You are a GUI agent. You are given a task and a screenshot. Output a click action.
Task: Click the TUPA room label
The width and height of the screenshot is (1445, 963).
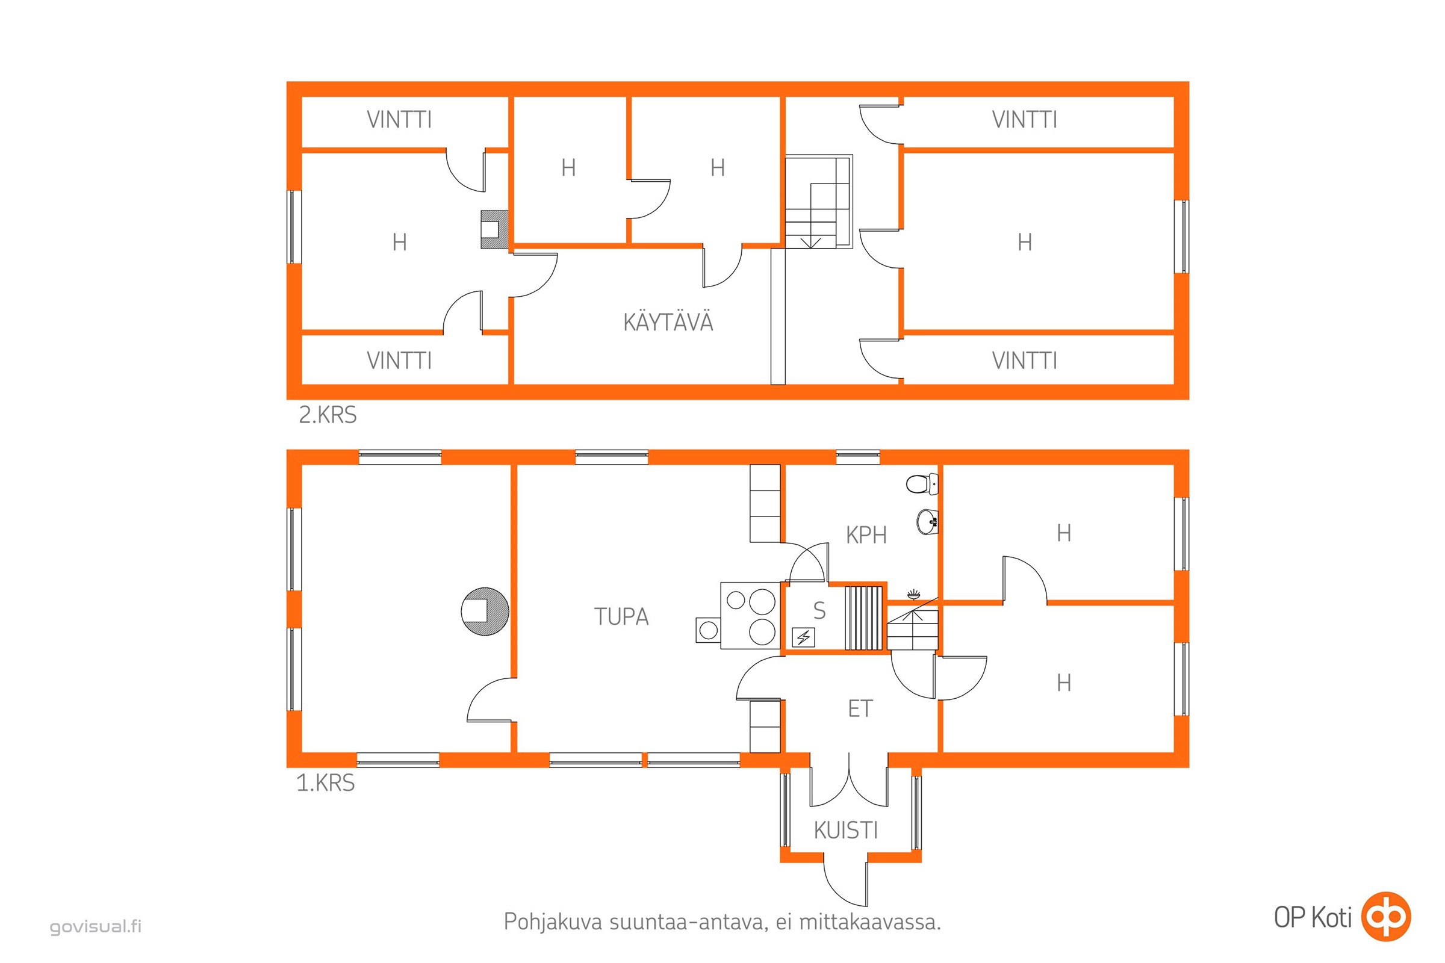point(621,616)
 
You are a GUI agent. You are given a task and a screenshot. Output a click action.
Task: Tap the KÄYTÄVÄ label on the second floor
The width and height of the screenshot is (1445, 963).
point(668,321)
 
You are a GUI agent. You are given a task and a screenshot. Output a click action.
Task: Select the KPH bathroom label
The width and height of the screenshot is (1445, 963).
point(866,536)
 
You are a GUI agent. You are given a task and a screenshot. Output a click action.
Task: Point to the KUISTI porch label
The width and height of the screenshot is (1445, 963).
point(845,831)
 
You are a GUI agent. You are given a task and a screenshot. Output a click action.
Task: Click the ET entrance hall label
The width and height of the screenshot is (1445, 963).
point(860,709)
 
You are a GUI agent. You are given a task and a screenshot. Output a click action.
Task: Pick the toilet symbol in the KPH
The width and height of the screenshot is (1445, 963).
point(922,483)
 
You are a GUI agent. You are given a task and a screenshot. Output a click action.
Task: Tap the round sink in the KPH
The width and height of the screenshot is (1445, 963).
point(927,522)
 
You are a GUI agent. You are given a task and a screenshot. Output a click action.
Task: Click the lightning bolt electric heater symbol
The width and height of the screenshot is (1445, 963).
point(804,637)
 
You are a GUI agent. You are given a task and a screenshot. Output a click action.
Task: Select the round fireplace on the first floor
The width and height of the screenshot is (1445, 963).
point(485,611)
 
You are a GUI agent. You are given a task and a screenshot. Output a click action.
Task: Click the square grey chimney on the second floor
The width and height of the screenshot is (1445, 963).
point(494,229)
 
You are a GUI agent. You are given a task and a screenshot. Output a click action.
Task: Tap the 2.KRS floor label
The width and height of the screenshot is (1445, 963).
point(328,415)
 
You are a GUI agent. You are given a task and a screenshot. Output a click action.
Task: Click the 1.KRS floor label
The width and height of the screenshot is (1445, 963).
point(326,783)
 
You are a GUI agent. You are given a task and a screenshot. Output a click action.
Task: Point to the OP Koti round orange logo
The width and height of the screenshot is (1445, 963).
point(1385,916)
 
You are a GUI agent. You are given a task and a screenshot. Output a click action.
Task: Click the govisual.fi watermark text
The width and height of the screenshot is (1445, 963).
point(96,926)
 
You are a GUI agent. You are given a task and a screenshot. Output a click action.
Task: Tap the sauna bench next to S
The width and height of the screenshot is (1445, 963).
point(864,618)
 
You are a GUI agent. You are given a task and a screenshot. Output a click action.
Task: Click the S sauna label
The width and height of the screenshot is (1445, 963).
point(819,610)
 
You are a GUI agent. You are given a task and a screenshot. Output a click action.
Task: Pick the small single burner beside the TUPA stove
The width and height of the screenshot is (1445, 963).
point(709,630)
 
